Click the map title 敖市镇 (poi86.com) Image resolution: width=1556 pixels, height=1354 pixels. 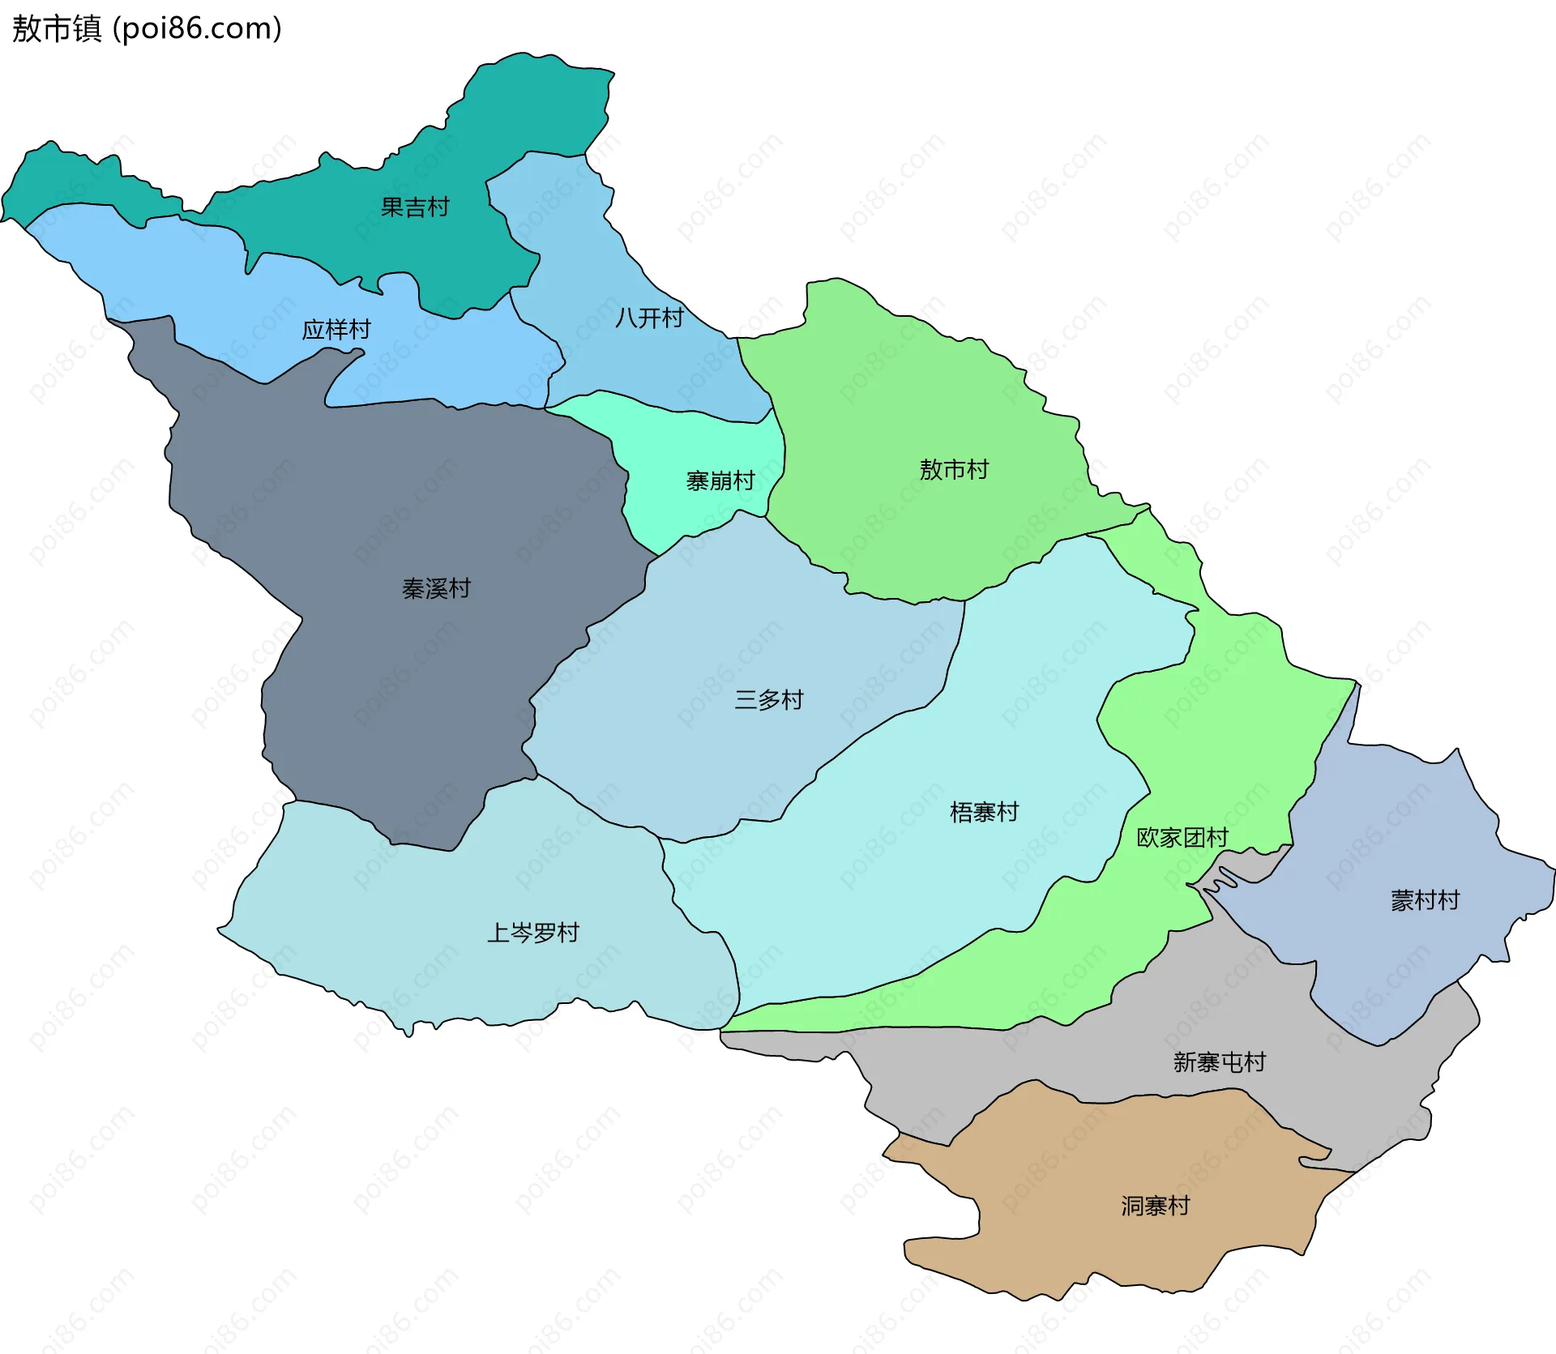click(x=147, y=29)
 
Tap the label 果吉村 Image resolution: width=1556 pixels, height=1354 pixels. click(x=415, y=207)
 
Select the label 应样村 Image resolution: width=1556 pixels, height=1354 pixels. click(x=336, y=330)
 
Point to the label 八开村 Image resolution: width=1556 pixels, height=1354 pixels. click(x=649, y=318)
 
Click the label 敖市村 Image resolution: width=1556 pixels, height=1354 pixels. click(x=954, y=469)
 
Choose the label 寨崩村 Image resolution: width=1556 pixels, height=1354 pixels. click(x=720, y=481)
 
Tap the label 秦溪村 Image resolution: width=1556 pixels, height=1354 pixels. click(x=436, y=588)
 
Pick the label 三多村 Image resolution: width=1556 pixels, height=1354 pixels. click(x=768, y=699)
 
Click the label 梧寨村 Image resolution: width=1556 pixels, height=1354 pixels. click(x=984, y=812)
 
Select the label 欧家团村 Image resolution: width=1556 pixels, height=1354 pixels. click(x=1182, y=837)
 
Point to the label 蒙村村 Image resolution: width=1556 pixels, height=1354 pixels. click(x=1425, y=900)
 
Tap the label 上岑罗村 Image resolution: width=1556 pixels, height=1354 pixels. click(x=532, y=933)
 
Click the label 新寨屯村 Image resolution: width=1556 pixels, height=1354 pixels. click(x=1219, y=1062)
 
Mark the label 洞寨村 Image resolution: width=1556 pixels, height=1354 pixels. click(x=1155, y=1206)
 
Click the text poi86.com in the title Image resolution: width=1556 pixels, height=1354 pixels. click(x=197, y=29)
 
